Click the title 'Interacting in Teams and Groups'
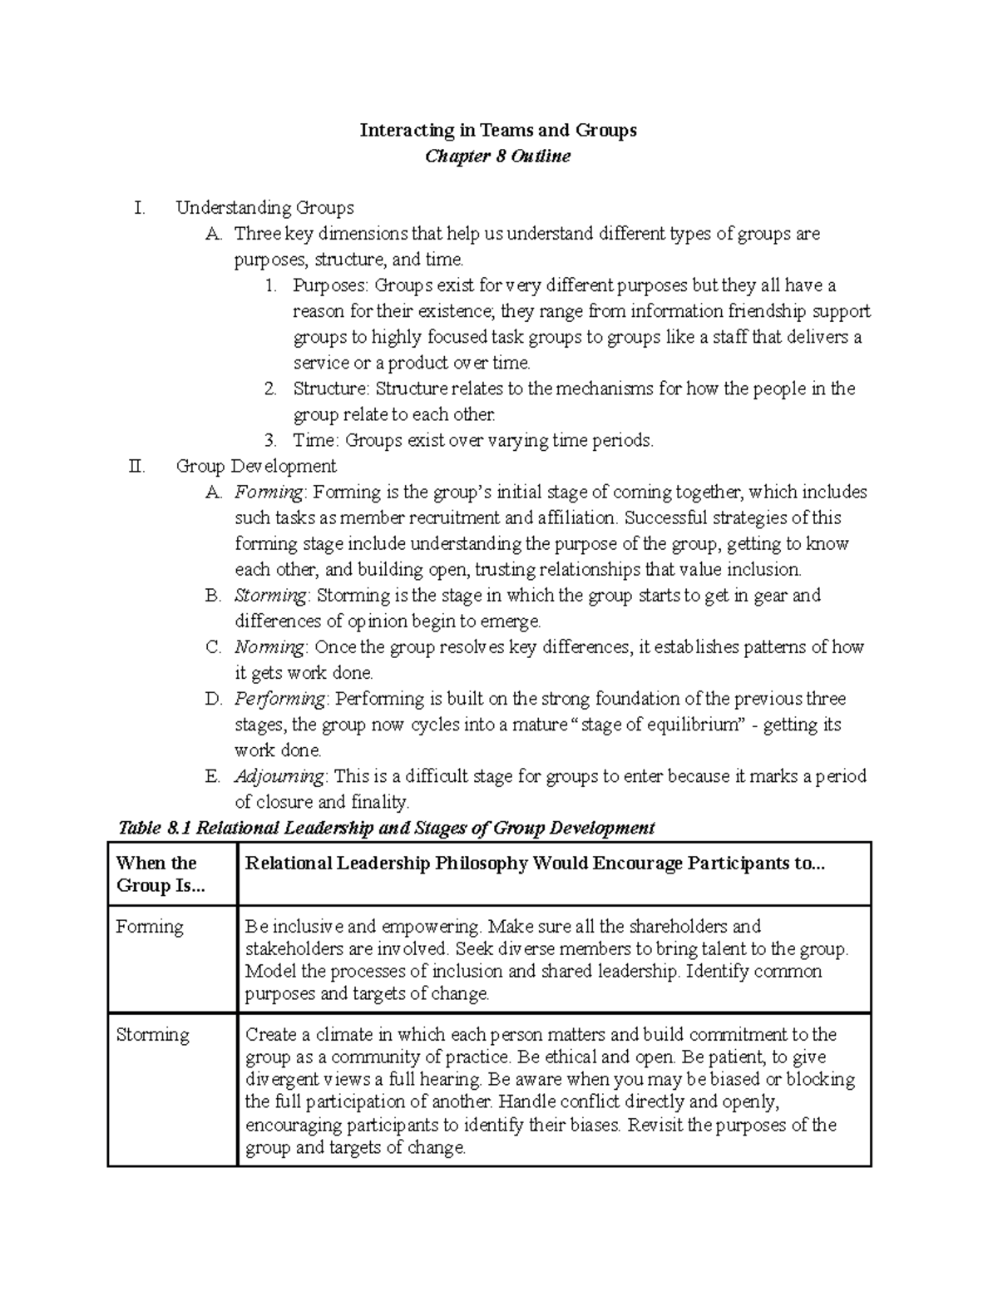coord(497,130)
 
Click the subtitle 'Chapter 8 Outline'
coord(497,156)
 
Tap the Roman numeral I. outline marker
coord(139,207)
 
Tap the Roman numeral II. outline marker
coord(137,466)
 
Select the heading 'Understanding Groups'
coord(264,207)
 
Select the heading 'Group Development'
coord(256,466)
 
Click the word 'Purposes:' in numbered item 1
coord(329,285)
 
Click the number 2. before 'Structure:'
coord(269,389)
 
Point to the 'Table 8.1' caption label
coord(155,828)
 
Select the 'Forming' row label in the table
coord(150,927)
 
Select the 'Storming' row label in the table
coord(153,1035)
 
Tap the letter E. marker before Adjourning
coord(212,776)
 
